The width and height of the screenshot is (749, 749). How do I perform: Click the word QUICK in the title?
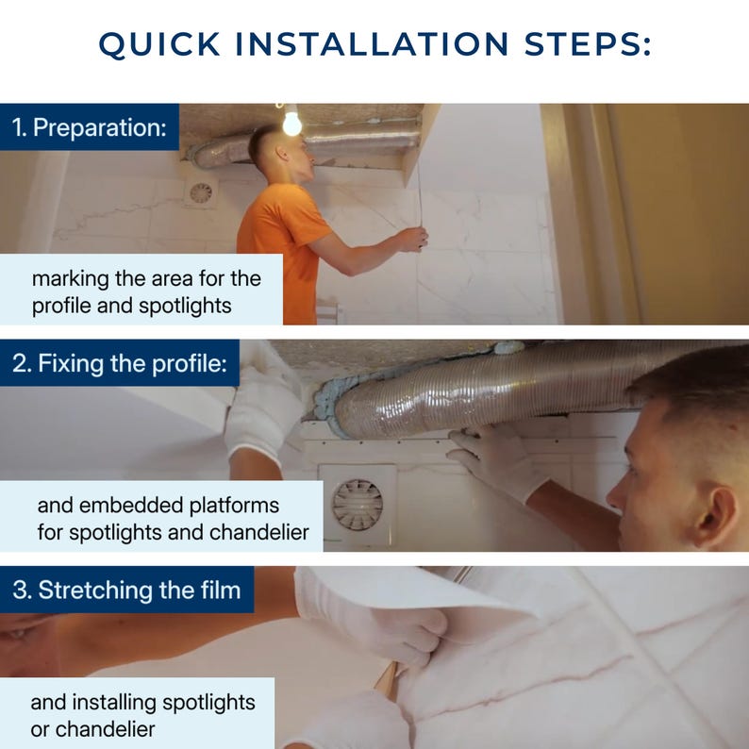[159, 44]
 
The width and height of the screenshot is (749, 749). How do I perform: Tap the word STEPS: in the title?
[588, 43]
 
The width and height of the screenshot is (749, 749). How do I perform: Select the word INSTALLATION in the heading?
[372, 43]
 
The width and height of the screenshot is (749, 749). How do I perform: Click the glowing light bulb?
[291, 122]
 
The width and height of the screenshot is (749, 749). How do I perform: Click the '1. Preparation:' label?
[90, 127]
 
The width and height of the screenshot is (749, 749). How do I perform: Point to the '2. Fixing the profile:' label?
[120, 363]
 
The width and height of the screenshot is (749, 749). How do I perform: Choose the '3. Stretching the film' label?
[126, 590]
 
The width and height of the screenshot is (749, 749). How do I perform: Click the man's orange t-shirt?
[282, 239]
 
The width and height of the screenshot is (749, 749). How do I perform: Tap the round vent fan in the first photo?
[201, 193]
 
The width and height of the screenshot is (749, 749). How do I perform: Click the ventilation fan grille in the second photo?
[358, 505]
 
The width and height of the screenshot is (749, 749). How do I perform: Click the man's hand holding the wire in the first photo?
[410, 239]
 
